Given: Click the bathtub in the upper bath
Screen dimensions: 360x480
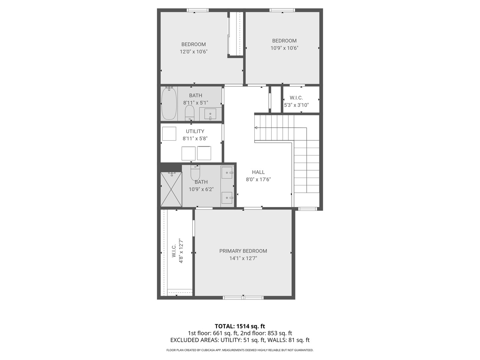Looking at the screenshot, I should [x=169, y=103].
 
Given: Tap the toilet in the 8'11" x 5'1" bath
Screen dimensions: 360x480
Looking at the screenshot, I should [x=190, y=113].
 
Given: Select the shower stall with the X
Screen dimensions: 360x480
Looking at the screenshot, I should [x=171, y=189].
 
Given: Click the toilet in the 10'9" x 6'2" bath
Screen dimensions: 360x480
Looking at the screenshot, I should [x=195, y=173].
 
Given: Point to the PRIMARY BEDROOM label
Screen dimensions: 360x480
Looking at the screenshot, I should [x=243, y=251].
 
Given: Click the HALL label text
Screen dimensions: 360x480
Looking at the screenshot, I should [x=258, y=172].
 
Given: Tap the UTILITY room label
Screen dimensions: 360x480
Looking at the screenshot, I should [x=195, y=131].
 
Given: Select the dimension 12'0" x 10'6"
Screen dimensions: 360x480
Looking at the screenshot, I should [x=194, y=52].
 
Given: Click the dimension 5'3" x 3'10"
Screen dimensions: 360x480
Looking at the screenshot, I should [x=296, y=105].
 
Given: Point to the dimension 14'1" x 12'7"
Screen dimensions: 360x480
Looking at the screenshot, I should [x=243, y=258].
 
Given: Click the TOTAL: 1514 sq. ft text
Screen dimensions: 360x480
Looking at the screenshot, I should [x=240, y=326].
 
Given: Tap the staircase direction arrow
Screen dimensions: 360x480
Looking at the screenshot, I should [x=256, y=128].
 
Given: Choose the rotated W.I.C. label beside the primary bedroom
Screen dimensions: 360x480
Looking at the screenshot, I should [x=174, y=251].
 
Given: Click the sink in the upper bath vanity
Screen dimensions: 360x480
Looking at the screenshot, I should [x=210, y=114].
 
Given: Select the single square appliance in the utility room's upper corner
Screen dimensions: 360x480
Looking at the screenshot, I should [x=169, y=134].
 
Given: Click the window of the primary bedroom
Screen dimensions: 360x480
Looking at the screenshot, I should [x=243, y=297].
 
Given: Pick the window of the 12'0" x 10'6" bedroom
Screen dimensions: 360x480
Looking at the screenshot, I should [x=198, y=10].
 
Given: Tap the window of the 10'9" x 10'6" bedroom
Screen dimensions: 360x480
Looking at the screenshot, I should [x=282, y=10].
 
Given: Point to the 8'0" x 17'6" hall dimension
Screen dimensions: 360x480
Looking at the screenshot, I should [x=258, y=180].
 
